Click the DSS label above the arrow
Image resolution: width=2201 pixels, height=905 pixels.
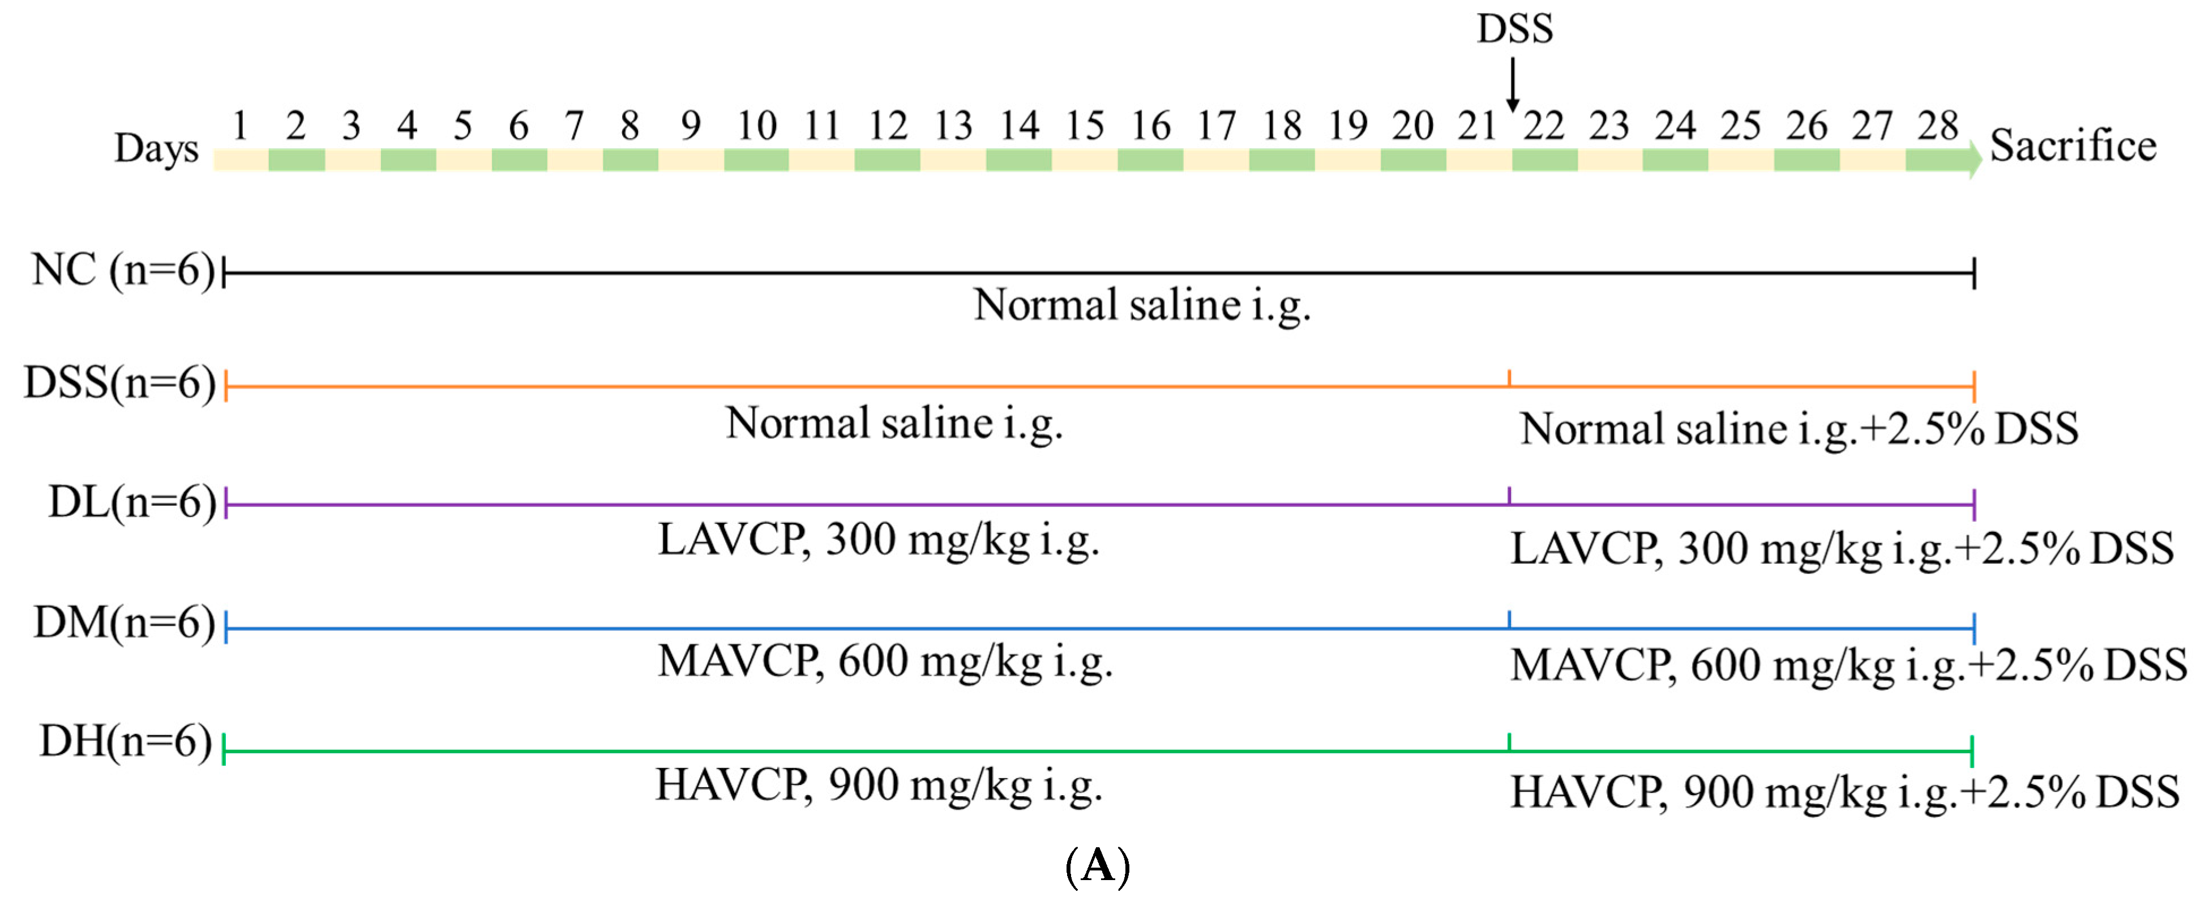pos(1514,28)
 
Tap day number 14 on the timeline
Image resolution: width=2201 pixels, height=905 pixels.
pos(1020,126)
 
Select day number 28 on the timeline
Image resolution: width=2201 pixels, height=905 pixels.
pos(1937,126)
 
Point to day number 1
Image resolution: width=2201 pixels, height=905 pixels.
pos(240,126)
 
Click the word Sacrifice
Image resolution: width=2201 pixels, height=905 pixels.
pos(2073,146)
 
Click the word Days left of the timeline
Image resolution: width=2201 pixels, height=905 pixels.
pos(156,148)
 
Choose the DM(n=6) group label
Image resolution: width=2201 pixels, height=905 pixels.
pos(125,622)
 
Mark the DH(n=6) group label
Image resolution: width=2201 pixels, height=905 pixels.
pos(126,741)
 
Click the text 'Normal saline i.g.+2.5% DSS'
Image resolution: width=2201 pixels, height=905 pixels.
pos(1799,428)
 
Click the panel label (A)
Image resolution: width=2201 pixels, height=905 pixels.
pos(1098,866)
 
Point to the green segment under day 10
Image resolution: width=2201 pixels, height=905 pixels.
pos(756,160)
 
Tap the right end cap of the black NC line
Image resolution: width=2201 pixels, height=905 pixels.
pos(1974,274)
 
